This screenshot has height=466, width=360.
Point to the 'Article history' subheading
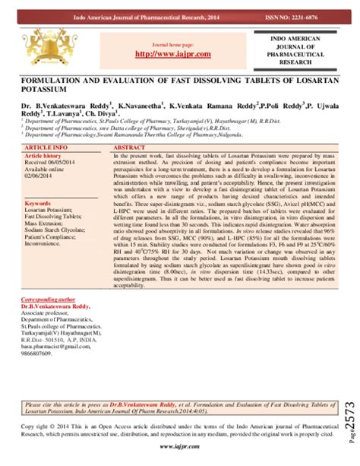click(x=43, y=155)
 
